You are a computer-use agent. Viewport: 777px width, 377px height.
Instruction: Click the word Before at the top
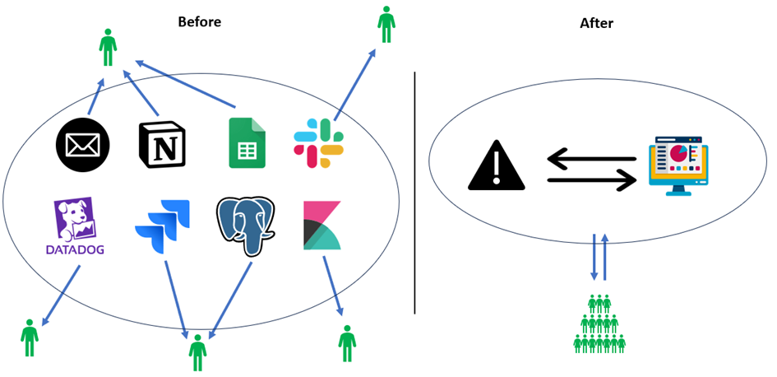coord(199,22)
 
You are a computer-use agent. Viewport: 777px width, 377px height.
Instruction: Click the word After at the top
coord(596,23)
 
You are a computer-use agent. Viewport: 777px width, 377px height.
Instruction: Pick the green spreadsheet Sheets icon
coord(247,143)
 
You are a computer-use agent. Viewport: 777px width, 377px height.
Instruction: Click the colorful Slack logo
coord(318,143)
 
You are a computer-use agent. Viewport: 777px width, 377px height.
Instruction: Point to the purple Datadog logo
coord(74,227)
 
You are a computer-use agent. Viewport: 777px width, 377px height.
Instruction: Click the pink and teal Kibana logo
coord(321,225)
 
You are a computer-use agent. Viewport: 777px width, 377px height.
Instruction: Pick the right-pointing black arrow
coord(592,179)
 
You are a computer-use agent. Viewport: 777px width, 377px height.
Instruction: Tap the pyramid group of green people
coord(599,324)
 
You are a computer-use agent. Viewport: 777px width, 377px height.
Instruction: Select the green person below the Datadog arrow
coord(30,337)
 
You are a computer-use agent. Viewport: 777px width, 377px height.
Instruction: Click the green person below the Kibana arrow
coord(347,343)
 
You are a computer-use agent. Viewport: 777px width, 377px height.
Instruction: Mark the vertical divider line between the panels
coord(414,193)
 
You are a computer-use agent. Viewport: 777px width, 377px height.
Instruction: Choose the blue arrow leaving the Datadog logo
coord(61,294)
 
